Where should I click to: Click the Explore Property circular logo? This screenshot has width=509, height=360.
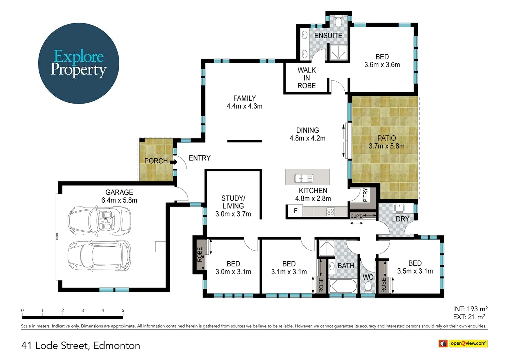click(x=79, y=63)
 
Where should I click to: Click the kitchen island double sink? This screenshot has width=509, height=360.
click(x=304, y=178)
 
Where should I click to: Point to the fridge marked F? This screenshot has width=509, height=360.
click(x=295, y=211)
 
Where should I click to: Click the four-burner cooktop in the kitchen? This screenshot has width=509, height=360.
click(x=330, y=211)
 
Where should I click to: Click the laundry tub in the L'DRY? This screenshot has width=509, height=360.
click(x=399, y=208)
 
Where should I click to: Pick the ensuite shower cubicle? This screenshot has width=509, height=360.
click(x=338, y=52)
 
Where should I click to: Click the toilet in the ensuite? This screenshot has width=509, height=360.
click(x=338, y=22)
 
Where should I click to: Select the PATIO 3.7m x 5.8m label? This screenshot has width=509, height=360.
click(x=386, y=142)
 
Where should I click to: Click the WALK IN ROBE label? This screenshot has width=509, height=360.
click(x=306, y=78)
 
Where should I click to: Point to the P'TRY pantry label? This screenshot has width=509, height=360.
click(x=365, y=195)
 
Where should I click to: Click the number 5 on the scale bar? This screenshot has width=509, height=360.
click(x=123, y=310)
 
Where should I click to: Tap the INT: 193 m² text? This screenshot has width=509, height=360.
click(x=470, y=309)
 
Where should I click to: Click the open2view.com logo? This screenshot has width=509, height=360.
click(x=463, y=343)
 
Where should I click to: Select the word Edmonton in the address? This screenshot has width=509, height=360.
click(x=117, y=346)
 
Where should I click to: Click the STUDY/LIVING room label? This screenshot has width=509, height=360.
click(x=233, y=206)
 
